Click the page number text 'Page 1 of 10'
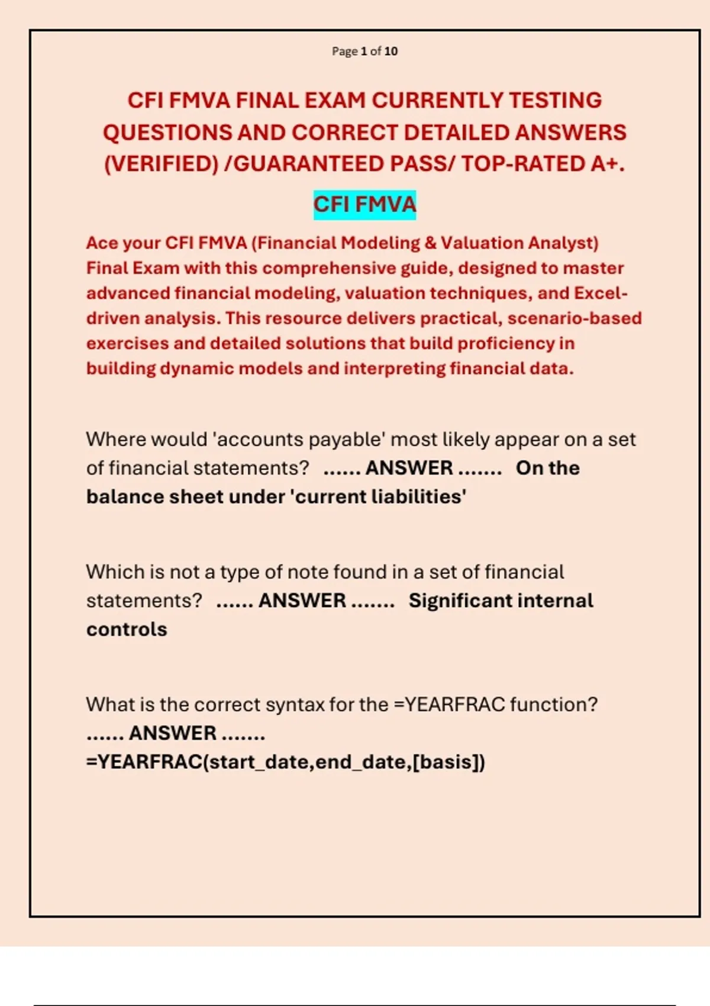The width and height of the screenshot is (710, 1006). (364, 51)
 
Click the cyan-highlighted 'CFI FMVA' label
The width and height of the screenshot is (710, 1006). (364, 205)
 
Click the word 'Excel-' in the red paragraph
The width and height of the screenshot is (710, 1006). (601, 294)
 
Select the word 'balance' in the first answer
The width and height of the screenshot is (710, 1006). (124, 496)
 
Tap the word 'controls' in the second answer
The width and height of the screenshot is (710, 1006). (127, 629)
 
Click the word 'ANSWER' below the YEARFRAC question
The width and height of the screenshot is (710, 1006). (173, 733)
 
